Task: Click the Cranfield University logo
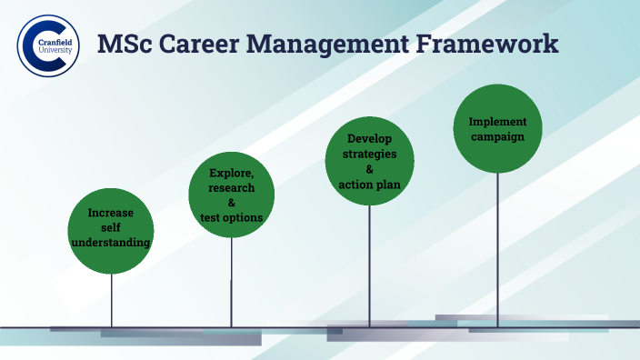pyautogui.click(x=48, y=45)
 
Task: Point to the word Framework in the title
pyautogui.click(x=491, y=44)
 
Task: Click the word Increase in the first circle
pyautogui.click(x=111, y=214)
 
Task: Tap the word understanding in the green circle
pyautogui.click(x=111, y=243)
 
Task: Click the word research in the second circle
pyautogui.click(x=231, y=187)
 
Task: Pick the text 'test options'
pyautogui.click(x=231, y=217)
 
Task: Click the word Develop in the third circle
pyautogui.click(x=369, y=139)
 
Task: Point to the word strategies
pyautogui.click(x=369, y=154)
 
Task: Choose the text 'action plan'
pyautogui.click(x=369, y=185)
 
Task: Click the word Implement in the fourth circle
pyautogui.click(x=497, y=121)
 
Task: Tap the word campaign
pyautogui.click(x=497, y=136)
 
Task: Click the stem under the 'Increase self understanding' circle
pyautogui.click(x=112, y=300)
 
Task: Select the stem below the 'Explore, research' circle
pyautogui.click(x=231, y=282)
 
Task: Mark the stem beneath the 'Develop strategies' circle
pyautogui.click(x=369, y=264)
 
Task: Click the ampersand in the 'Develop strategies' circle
pyautogui.click(x=369, y=169)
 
